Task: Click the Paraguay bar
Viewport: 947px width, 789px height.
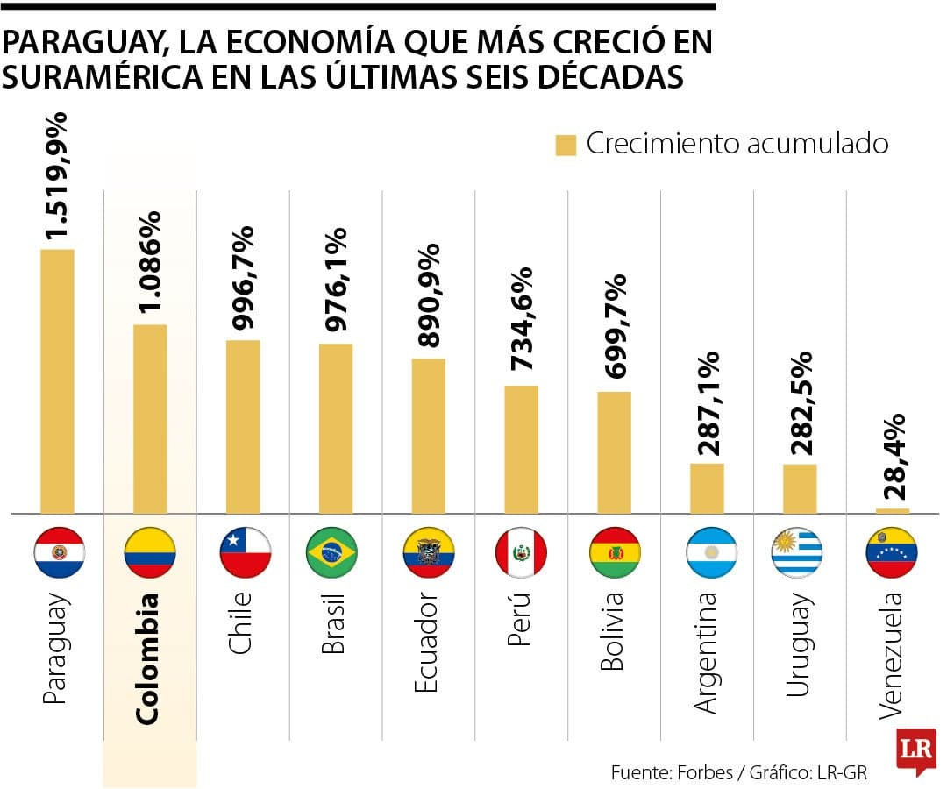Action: pyautogui.click(x=57, y=381)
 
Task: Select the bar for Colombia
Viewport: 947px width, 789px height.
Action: pyautogui.click(x=150, y=419)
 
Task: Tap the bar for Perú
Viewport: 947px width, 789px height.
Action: pyautogui.click(x=521, y=449)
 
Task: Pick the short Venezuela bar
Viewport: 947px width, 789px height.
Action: pyautogui.click(x=892, y=510)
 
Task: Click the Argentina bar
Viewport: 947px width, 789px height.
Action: pyautogui.click(x=707, y=488)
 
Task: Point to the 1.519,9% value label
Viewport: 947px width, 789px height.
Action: pyautogui.click(x=58, y=175)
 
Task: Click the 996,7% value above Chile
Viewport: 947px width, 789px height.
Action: pyautogui.click(x=243, y=278)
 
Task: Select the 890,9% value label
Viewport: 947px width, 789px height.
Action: pyautogui.click(x=429, y=295)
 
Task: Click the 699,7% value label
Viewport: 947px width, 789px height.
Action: pyautogui.click(x=615, y=326)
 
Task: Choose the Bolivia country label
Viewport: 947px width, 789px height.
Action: pyautogui.click(x=613, y=631)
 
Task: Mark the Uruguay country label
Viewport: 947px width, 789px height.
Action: pyautogui.click(x=799, y=645)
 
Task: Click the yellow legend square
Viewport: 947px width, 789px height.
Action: pyautogui.click(x=566, y=146)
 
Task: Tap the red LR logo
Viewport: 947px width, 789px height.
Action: pyautogui.click(x=915, y=750)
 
